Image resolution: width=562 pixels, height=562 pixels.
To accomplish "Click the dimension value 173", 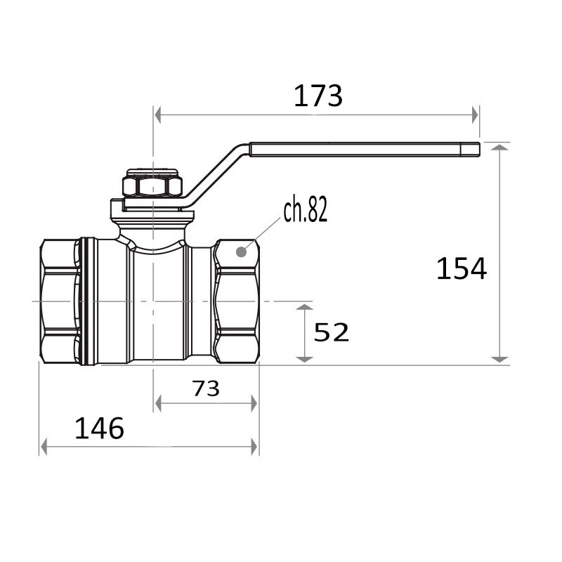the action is click(318, 96).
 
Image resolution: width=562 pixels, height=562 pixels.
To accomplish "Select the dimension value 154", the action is click(462, 268).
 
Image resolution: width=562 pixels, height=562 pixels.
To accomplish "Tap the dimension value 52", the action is click(331, 332).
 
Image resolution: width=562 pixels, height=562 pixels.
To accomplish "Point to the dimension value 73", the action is click(206, 388).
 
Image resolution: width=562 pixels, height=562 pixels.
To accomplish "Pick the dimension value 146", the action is click(99, 429).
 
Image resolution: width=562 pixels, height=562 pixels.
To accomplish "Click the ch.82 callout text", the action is click(306, 210).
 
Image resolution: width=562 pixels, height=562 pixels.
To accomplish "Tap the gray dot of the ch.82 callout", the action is click(242, 252).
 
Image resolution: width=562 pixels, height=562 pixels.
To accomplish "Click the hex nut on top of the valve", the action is click(152, 186).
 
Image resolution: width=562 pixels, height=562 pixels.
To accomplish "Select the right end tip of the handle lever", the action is click(479, 150).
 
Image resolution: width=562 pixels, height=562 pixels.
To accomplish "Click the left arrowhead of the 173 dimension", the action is click(157, 115).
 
